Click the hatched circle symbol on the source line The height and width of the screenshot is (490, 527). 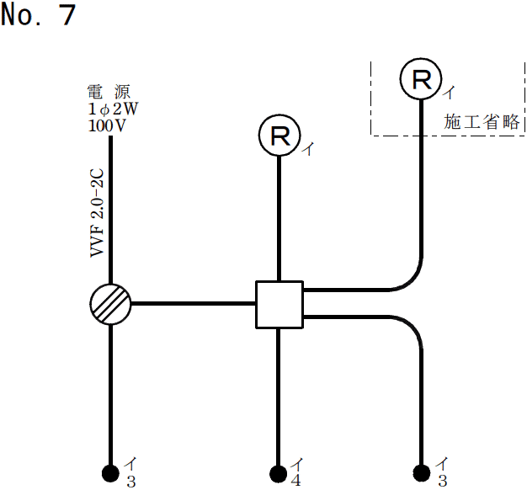coord(110,303)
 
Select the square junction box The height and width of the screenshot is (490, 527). coord(279,304)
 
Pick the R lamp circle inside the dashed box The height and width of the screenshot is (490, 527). coord(420,79)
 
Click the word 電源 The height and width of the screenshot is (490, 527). coord(109,91)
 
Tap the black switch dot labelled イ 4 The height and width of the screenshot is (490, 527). coord(278,472)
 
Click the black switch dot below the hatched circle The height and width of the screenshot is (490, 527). coord(110,472)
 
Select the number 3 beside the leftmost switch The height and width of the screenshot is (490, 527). coord(130,482)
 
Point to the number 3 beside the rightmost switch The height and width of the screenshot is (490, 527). coord(440,482)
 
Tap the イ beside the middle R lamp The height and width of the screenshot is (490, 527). coord(309,150)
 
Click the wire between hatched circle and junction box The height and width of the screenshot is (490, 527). coord(194,303)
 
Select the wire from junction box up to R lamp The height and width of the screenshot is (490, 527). coord(279,219)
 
